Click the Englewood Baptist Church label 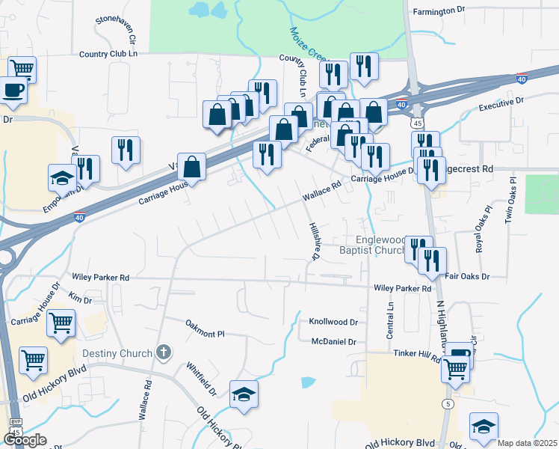(378, 245)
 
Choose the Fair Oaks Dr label (467, 276)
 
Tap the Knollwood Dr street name (333, 322)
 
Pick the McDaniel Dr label (334, 341)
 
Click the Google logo (25, 440)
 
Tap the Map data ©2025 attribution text (528, 443)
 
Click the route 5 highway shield (448, 404)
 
